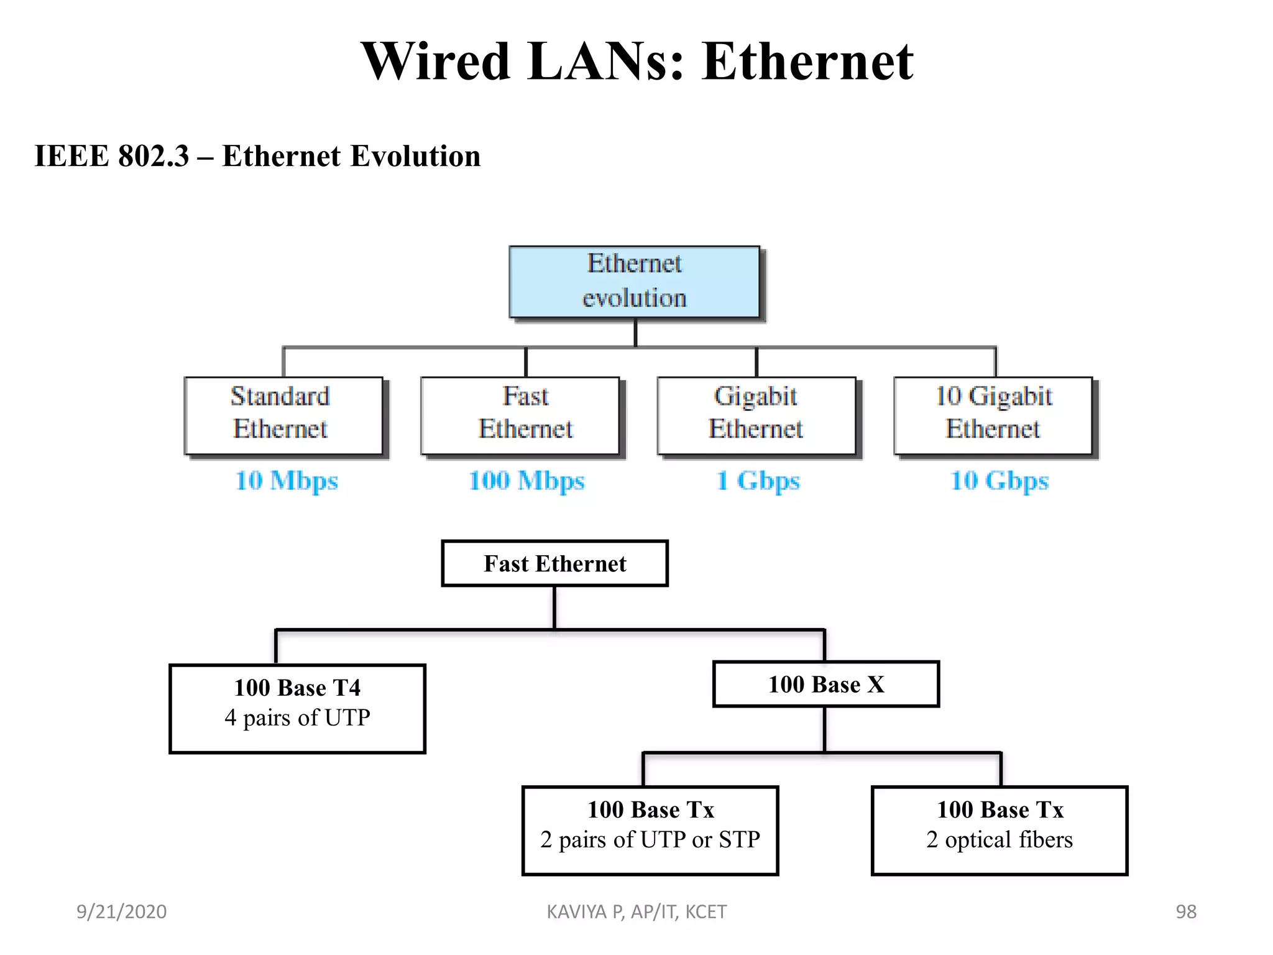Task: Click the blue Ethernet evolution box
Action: [x=634, y=282]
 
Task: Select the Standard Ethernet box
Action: [x=283, y=415]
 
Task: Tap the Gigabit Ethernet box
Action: [x=756, y=415]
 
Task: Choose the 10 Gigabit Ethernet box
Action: [x=993, y=415]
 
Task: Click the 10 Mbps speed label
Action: [x=287, y=481]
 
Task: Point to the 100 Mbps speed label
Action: [x=526, y=481]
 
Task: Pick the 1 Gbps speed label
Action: [x=758, y=481]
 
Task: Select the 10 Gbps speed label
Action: [x=1000, y=481]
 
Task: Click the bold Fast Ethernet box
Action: [x=554, y=563]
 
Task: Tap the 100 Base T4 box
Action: [x=297, y=708]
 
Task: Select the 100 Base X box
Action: [x=825, y=684]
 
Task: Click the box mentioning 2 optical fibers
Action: [x=1000, y=830]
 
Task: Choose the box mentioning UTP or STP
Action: [x=650, y=830]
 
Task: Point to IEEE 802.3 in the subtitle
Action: [x=111, y=155]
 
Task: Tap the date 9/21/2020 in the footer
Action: [x=121, y=911]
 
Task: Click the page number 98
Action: [x=1186, y=911]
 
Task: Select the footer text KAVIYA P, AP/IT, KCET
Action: [x=636, y=911]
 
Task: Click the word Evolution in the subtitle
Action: [x=415, y=155]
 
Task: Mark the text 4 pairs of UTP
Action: [x=297, y=718]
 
